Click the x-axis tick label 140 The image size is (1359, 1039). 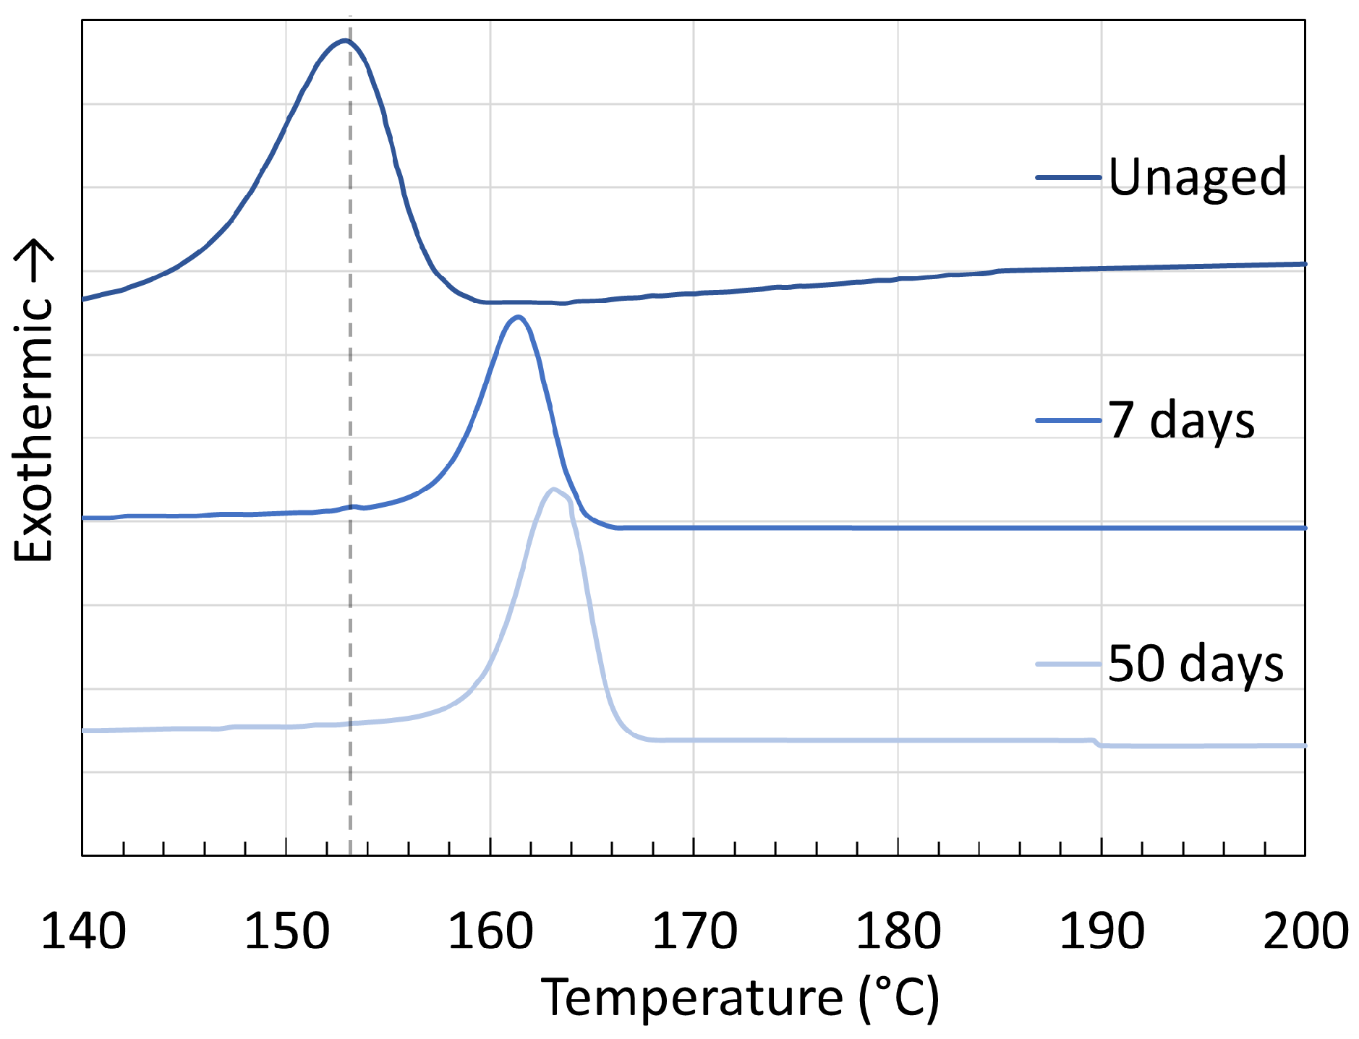(x=83, y=931)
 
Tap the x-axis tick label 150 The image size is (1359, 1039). (x=287, y=931)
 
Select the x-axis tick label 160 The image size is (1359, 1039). (x=491, y=931)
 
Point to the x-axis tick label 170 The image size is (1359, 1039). (x=694, y=931)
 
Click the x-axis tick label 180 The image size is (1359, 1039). (x=898, y=931)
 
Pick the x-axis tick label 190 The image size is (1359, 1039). (x=1102, y=931)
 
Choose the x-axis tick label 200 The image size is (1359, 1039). (x=1305, y=931)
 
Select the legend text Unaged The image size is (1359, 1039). (x=1197, y=177)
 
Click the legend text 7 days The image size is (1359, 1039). (x=1181, y=420)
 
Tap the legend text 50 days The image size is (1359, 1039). (x=1196, y=664)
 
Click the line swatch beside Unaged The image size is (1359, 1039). (x=1068, y=177)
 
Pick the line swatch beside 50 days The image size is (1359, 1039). (x=1068, y=664)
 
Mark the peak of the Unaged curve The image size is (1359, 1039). (x=345, y=40)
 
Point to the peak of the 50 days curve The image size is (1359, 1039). (x=553, y=489)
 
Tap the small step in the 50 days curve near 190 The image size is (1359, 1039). (x=1096, y=743)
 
